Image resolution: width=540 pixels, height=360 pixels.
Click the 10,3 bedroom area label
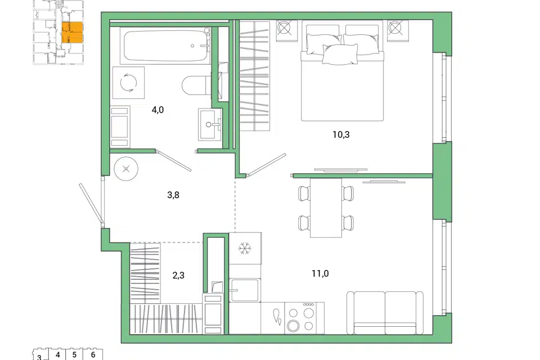pyautogui.click(x=341, y=134)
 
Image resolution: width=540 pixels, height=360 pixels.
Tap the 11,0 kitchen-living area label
pyautogui.click(x=320, y=274)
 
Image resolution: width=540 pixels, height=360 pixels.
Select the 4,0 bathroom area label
pyautogui.click(x=157, y=110)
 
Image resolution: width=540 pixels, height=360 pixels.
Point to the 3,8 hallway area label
pyautogui.click(x=173, y=195)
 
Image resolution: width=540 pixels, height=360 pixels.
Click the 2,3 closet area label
pyautogui.click(x=178, y=276)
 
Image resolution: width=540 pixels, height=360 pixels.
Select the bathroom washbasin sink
pyautogui.click(x=210, y=124)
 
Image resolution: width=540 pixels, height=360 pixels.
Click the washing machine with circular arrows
pyautogui.click(x=128, y=83)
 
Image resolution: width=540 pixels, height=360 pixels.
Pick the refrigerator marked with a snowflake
pyautogui.click(x=245, y=249)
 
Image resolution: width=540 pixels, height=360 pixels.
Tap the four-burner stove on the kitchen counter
pyautogui.click(x=304, y=318)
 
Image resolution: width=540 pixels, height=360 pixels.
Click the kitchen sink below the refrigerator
pyautogui.click(x=245, y=290)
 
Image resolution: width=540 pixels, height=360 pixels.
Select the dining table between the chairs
pyautogui.click(x=326, y=208)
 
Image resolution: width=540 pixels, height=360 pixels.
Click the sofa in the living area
pyautogui.click(x=385, y=313)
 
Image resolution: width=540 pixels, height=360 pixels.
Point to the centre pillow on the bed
pyautogui.click(x=340, y=55)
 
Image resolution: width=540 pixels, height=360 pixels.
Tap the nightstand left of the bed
pyautogui.click(x=286, y=30)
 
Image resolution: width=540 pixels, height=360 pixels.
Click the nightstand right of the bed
pyautogui.click(x=398, y=30)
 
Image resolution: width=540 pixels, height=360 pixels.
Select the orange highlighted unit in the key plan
pyautogui.click(x=73, y=33)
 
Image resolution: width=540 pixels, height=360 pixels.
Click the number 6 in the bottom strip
pyautogui.click(x=93, y=354)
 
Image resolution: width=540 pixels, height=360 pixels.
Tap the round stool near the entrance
pyautogui.click(x=126, y=169)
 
